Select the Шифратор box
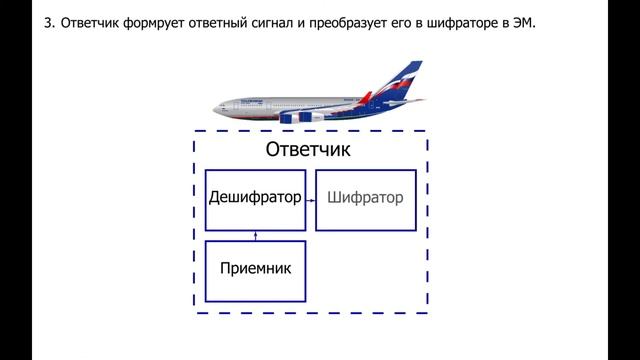(x=366, y=200)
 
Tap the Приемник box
(x=254, y=271)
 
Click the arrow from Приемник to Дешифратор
(x=255, y=236)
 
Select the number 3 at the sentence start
(x=48, y=22)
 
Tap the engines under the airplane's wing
(x=300, y=117)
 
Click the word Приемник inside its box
(x=254, y=268)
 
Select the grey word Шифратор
(x=366, y=198)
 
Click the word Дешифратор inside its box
(x=254, y=198)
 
